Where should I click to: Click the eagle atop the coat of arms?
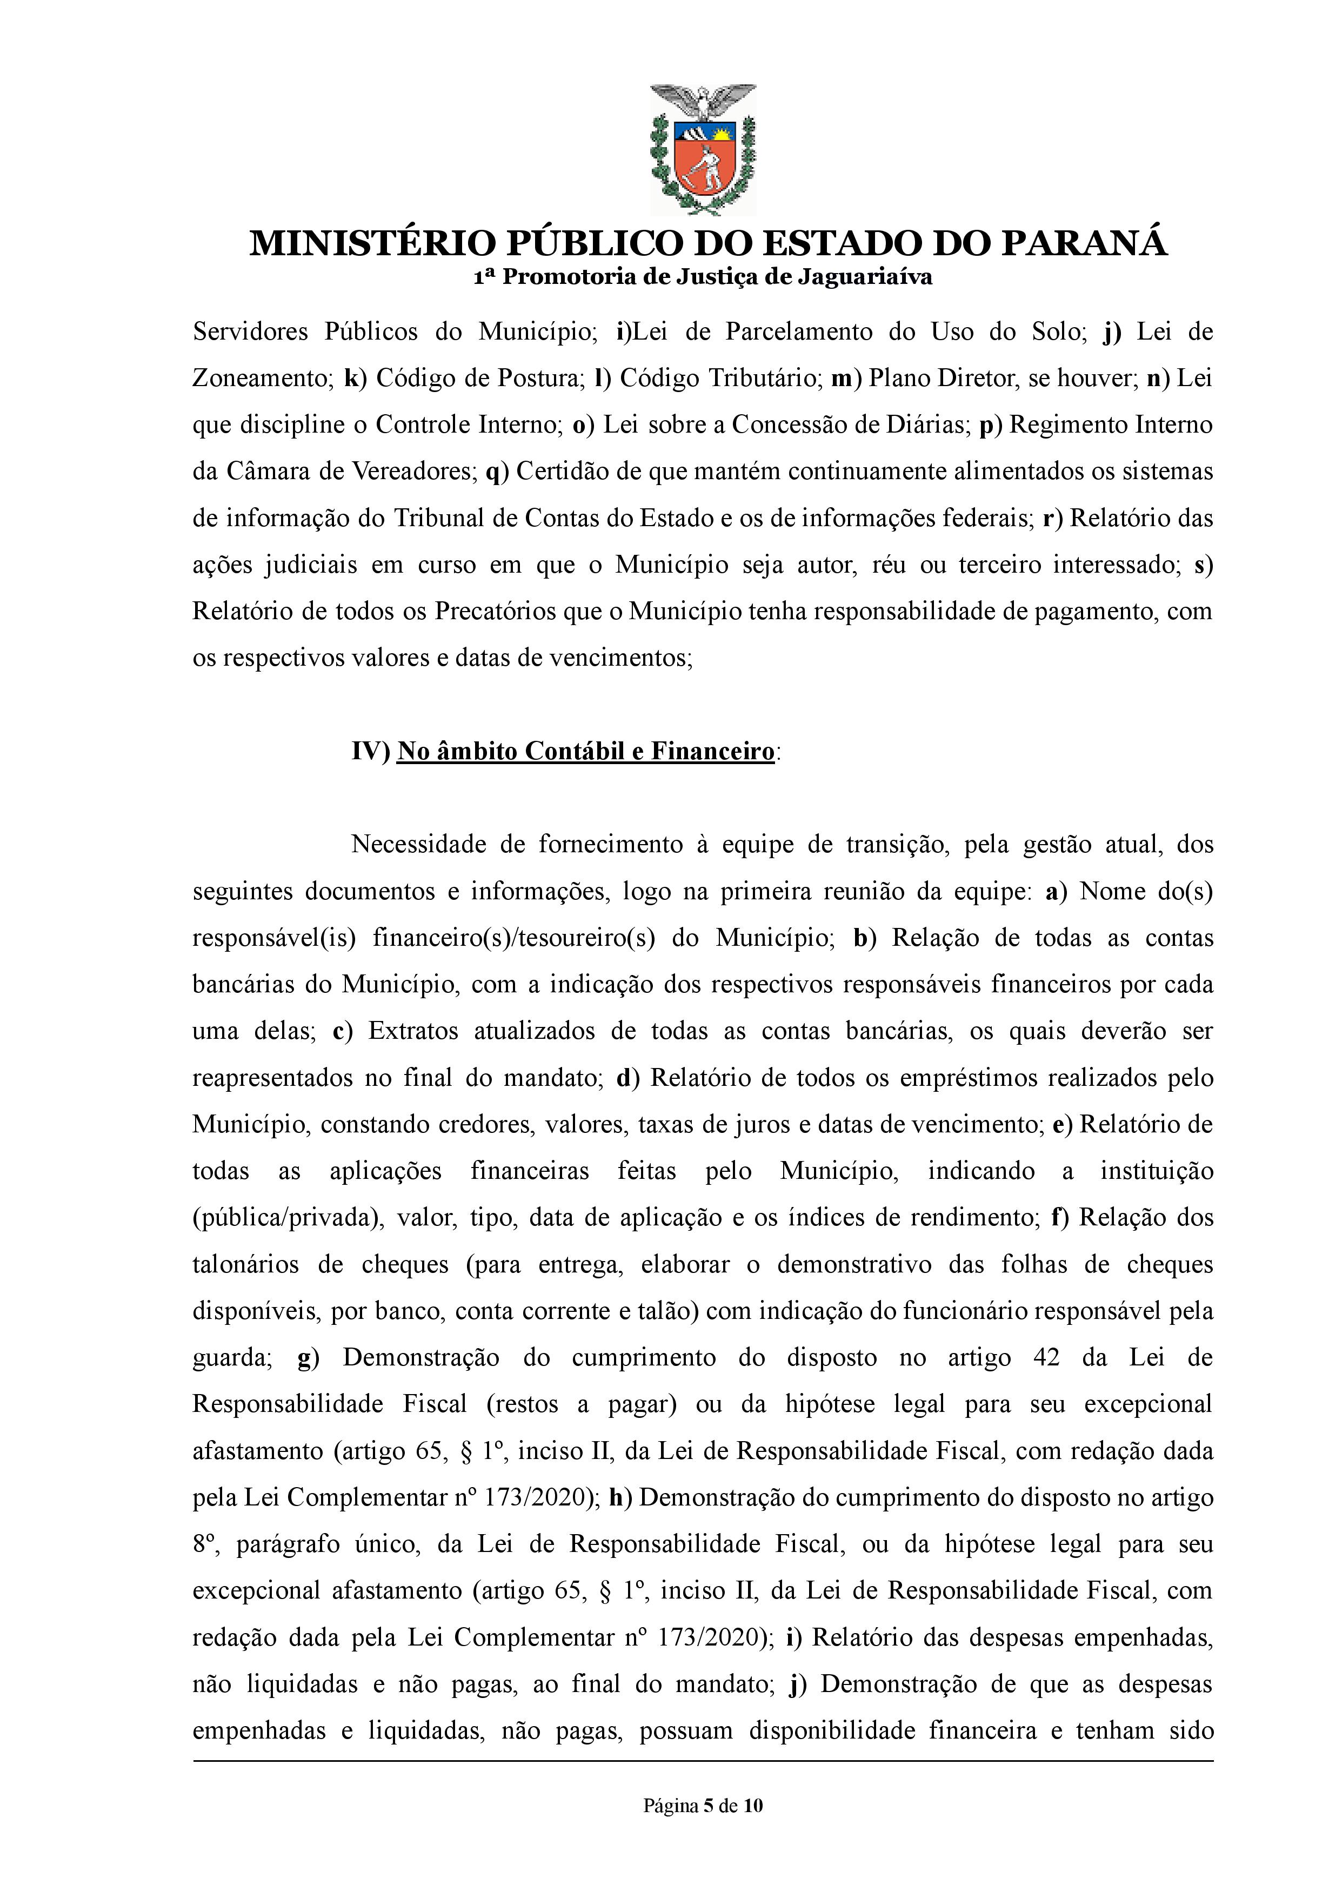tap(703, 101)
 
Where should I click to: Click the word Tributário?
tap(720, 379)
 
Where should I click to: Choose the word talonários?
tap(245, 1265)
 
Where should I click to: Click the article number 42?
tap(1046, 1358)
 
